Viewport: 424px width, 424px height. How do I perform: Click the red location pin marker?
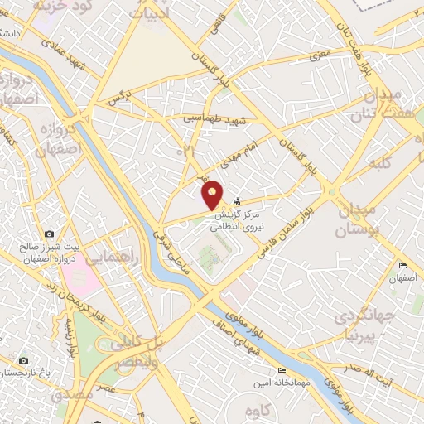(213, 194)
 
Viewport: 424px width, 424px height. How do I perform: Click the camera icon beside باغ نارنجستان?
(23, 361)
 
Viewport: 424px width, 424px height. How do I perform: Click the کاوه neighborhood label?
(261, 410)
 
